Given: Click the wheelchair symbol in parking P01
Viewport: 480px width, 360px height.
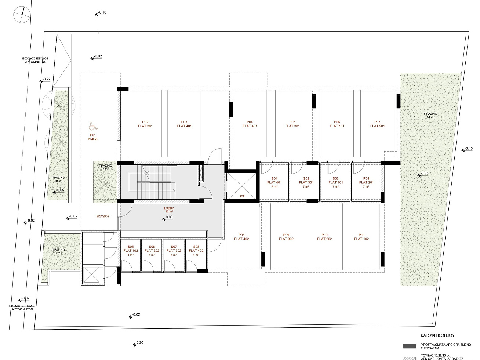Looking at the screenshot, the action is pos(93,126).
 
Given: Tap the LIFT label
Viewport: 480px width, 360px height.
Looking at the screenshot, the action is pos(241,196).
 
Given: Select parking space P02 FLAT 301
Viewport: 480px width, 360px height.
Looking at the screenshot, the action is pos(145,124).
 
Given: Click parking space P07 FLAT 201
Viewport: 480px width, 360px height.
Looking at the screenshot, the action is pos(377,124).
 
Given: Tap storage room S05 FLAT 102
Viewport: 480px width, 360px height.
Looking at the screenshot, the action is pos(131,255).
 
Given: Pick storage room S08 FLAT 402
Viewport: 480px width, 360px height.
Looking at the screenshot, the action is pos(196,255).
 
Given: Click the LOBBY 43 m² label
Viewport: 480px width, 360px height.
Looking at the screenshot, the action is pos(169,210).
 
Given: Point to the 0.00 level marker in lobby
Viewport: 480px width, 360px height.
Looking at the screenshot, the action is pos(167,218).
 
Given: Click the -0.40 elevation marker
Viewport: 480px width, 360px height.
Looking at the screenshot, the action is pos(467,149).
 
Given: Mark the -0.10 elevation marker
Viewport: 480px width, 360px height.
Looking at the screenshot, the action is pos(101,13).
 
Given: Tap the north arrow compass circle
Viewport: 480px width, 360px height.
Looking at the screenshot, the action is pos(22,14).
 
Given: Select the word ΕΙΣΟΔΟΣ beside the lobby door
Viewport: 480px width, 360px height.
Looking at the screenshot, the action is pos(102,216).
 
